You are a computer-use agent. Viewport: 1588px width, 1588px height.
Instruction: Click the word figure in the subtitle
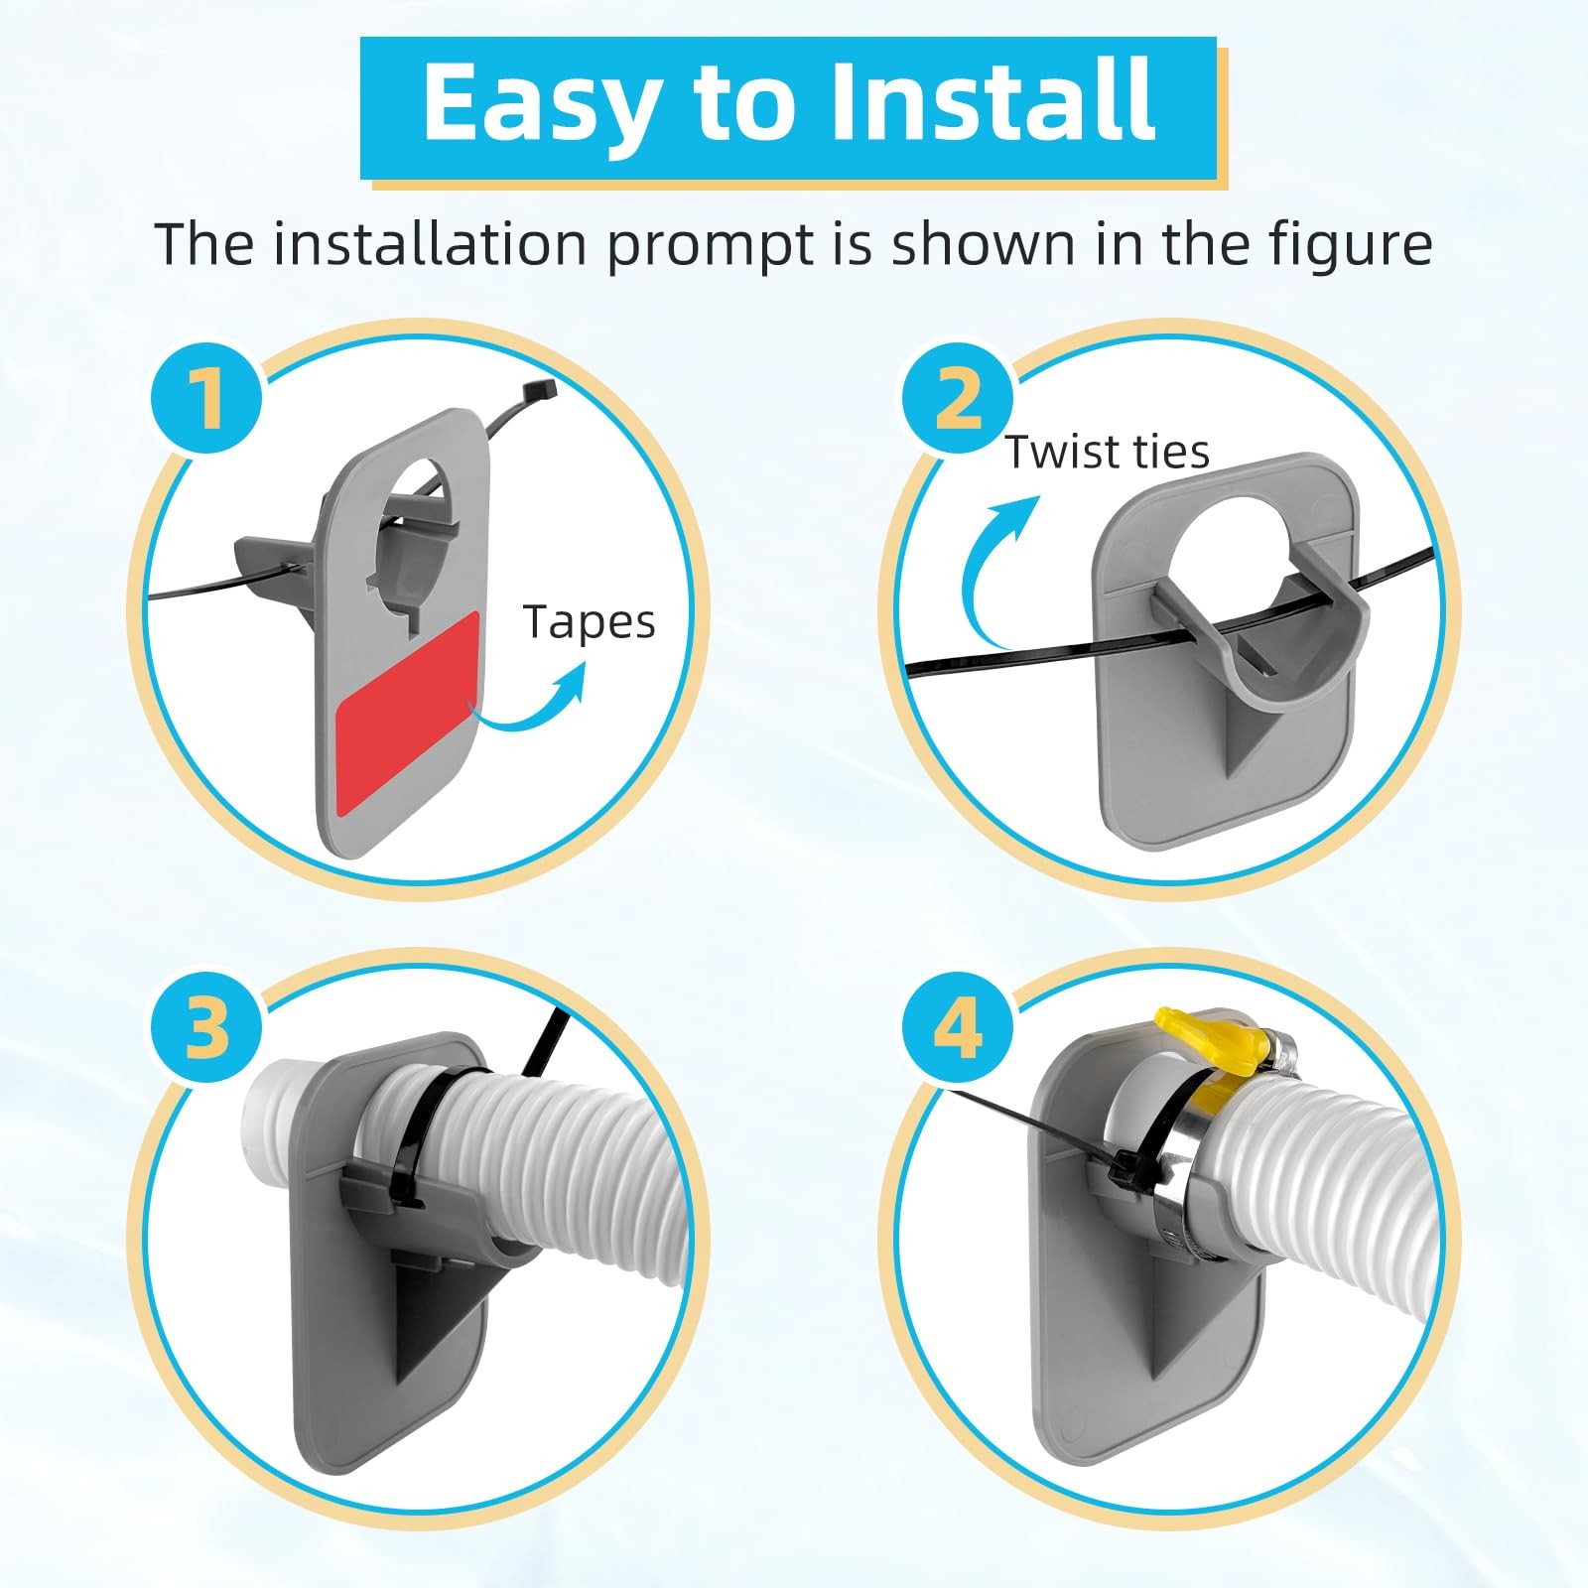(1351, 245)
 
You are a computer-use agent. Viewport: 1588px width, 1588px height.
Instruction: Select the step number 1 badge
(206, 399)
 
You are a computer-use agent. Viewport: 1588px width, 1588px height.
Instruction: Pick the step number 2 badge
(958, 399)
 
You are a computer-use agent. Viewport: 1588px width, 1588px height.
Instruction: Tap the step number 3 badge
(206, 1025)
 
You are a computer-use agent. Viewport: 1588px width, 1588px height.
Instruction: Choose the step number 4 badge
(958, 1025)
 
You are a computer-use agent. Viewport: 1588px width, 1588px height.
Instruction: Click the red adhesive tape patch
(408, 715)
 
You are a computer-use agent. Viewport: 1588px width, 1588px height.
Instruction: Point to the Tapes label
(590, 622)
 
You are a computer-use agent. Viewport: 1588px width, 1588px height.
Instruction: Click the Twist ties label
(1108, 453)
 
